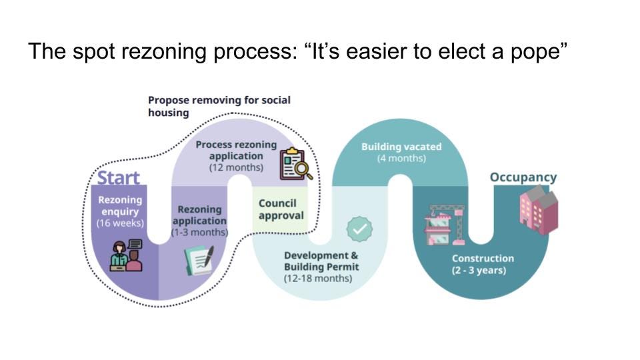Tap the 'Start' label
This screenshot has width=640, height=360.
[119, 178]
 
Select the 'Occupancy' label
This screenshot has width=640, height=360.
[523, 177]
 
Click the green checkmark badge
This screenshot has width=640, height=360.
[359, 229]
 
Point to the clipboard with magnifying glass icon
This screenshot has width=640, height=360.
[296, 165]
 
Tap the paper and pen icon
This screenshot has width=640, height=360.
[199, 260]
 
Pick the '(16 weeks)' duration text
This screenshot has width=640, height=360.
[120, 223]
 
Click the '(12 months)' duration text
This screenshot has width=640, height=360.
[236, 167]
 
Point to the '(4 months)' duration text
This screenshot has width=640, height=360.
[401, 158]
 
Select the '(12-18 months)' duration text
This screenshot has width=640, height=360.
[318, 278]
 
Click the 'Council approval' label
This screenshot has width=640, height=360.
[281, 209]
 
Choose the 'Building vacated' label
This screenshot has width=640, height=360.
[401, 147]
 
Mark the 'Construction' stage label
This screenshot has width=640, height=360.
[483, 259]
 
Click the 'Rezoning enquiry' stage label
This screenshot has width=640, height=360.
[120, 206]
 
